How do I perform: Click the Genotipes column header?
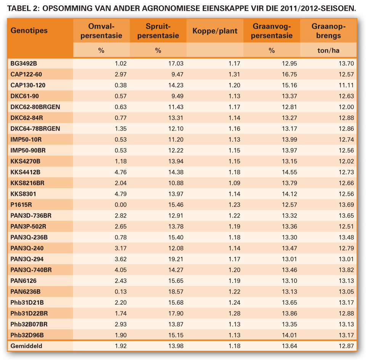tap(29, 31)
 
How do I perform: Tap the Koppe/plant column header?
tap(215, 31)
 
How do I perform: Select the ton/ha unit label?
tap(328, 50)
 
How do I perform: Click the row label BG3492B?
tap(24, 64)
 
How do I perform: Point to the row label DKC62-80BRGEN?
tap(35, 107)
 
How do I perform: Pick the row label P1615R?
tap(21, 205)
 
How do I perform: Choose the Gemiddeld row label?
tap(26, 346)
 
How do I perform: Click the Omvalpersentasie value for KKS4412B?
tap(121, 172)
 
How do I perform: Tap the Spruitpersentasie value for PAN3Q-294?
tap(176, 259)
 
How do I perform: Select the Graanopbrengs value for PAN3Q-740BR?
tap(347, 270)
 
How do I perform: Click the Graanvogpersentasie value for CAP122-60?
tap(289, 74)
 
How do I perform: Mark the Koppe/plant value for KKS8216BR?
tap(234, 183)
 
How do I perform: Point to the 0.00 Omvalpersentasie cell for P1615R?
tap(121, 205)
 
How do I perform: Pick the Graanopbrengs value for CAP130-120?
tap(347, 86)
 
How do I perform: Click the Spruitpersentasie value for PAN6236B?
tap(176, 292)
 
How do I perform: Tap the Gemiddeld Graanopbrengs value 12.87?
tap(347, 346)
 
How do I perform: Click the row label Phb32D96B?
tap(27, 335)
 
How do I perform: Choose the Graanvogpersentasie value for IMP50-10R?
tap(289, 140)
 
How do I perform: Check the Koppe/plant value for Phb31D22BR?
tap(234, 313)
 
